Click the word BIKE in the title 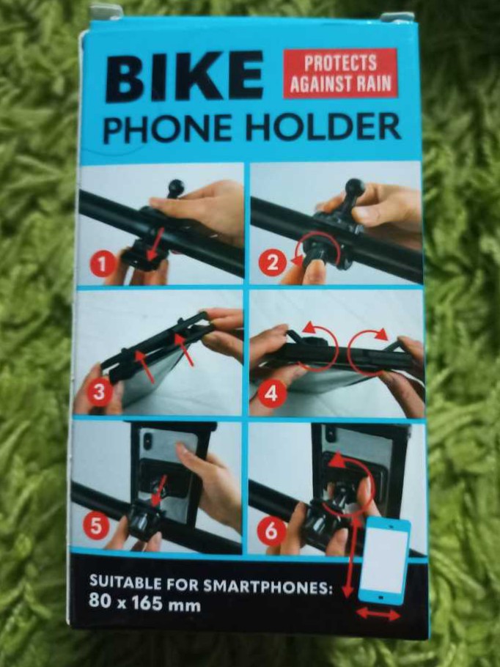click(x=184, y=77)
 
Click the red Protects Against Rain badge click(x=340, y=73)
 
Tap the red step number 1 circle click(x=102, y=265)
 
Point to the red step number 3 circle click(x=99, y=392)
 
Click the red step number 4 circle click(x=271, y=394)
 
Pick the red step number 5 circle click(x=96, y=527)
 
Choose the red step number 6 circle click(x=271, y=531)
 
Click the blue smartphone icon click(x=385, y=561)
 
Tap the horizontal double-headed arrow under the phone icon click(x=378, y=613)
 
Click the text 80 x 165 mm click(x=144, y=604)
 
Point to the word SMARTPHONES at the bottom click(x=268, y=587)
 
